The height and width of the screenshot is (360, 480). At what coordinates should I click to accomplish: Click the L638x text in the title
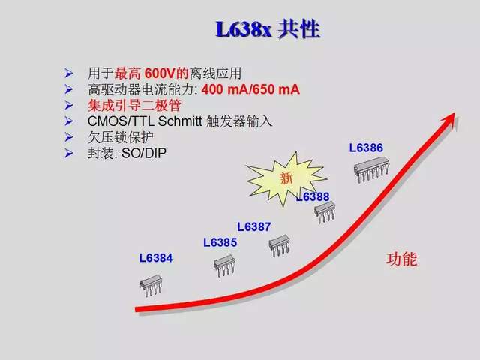(244, 30)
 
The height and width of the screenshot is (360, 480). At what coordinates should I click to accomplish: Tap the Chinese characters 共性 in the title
(299, 29)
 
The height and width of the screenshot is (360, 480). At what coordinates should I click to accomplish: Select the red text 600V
(159, 73)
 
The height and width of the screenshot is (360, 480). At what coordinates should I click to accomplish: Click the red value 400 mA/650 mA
(250, 89)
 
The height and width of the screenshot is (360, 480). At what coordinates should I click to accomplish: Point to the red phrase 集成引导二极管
(134, 105)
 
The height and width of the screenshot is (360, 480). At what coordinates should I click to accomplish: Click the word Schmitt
(180, 121)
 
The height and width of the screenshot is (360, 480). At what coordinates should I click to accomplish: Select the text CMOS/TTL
(121, 121)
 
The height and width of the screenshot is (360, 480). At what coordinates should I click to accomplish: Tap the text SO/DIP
(144, 153)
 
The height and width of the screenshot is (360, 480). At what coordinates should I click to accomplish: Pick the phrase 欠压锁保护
(121, 137)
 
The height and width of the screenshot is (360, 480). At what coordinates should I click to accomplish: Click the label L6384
(156, 258)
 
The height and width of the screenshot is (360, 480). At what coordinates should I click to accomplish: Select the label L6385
(220, 242)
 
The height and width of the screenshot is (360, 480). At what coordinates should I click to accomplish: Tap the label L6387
(254, 226)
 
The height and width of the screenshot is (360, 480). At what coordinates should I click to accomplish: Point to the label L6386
(366, 148)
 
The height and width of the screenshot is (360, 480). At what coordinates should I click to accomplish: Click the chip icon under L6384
(151, 285)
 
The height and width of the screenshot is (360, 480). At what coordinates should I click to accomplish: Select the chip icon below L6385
(224, 265)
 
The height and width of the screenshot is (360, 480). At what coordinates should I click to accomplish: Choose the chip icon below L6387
(280, 245)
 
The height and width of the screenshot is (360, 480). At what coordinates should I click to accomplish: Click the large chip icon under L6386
(372, 170)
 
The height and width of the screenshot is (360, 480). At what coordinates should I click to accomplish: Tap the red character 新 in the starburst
(286, 178)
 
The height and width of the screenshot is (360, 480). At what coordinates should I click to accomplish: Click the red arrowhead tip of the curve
(455, 113)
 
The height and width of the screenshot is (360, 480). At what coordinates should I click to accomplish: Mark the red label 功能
(401, 259)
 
